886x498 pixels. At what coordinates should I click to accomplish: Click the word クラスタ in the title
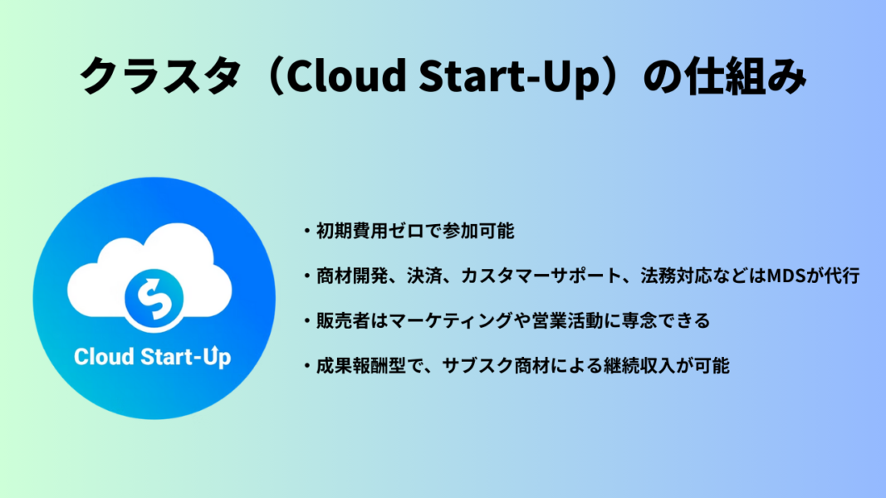(x=160, y=75)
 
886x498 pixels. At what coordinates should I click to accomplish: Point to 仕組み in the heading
(x=745, y=75)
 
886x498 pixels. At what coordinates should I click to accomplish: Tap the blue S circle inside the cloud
(x=154, y=298)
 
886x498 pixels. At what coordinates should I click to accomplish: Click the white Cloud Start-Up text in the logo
(x=152, y=357)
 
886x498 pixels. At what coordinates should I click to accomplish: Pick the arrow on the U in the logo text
(x=213, y=350)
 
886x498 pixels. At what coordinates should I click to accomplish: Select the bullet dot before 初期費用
(x=307, y=231)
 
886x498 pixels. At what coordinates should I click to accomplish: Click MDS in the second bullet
(x=786, y=276)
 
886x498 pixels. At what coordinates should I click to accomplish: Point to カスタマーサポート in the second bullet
(x=541, y=276)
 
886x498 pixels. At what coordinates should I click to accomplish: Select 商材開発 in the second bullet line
(x=352, y=276)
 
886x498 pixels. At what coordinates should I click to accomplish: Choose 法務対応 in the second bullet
(x=676, y=276)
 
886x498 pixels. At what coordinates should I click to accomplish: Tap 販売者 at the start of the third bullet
(x=343, y=320)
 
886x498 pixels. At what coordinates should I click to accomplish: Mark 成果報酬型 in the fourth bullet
(x=361, y=366)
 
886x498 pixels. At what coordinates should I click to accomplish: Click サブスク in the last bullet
(x=477, y=366)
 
